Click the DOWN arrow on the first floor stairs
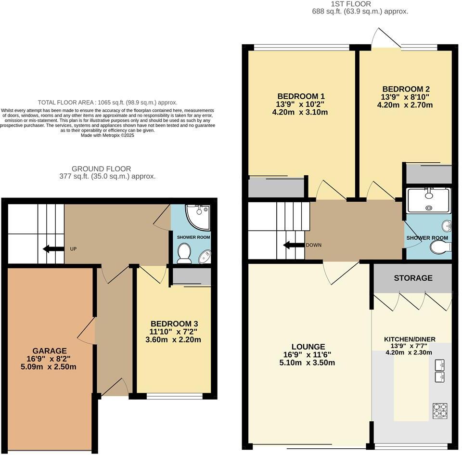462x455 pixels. [x=293, y=245]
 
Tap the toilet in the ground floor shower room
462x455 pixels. [x=184, y=253]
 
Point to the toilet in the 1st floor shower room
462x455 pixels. [x=441, y=247]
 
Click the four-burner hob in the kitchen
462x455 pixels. [x=440, y=410]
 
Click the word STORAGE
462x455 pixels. [x=413, y=278]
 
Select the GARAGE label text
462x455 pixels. [x=50, y=351]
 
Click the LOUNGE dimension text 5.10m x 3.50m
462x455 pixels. [x=308, y=363]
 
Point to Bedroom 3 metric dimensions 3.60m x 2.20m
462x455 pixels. [x=174, y=339]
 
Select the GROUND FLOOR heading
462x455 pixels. [x=101, y=169]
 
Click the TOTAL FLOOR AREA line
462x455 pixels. [x=107, y=103]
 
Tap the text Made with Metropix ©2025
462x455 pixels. [x=107, y=135]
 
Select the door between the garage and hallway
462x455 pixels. [x=88, y=332]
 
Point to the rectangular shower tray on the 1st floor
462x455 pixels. [x=428, y=200]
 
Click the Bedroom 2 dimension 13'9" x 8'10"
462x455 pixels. [x=406, y=97]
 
